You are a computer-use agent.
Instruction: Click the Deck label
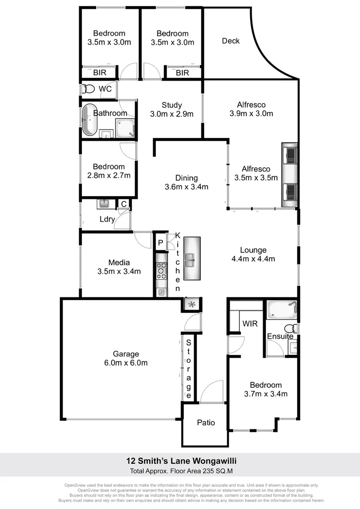point(231,41)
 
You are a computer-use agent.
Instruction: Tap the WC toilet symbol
point(88,89)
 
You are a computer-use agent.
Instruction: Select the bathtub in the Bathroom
point(89,121)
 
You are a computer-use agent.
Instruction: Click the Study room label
point(172,105)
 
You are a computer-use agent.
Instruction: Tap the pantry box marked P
point(160,243)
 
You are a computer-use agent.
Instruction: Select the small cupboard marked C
point(123,204)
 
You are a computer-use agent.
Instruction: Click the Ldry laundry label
point(106,219)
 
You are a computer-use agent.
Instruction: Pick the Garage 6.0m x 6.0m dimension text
point(126,362)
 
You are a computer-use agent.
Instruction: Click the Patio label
point(205,422)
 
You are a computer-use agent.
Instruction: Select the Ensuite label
point(280,336)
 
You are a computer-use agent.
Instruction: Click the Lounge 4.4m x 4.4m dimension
point(253,258)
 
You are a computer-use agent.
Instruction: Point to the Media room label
point(119,263)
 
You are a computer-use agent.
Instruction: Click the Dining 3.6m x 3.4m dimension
point(186,187)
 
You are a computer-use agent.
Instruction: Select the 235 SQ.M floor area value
point(214,471)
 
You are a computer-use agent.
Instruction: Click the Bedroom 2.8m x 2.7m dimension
point(109,175)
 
